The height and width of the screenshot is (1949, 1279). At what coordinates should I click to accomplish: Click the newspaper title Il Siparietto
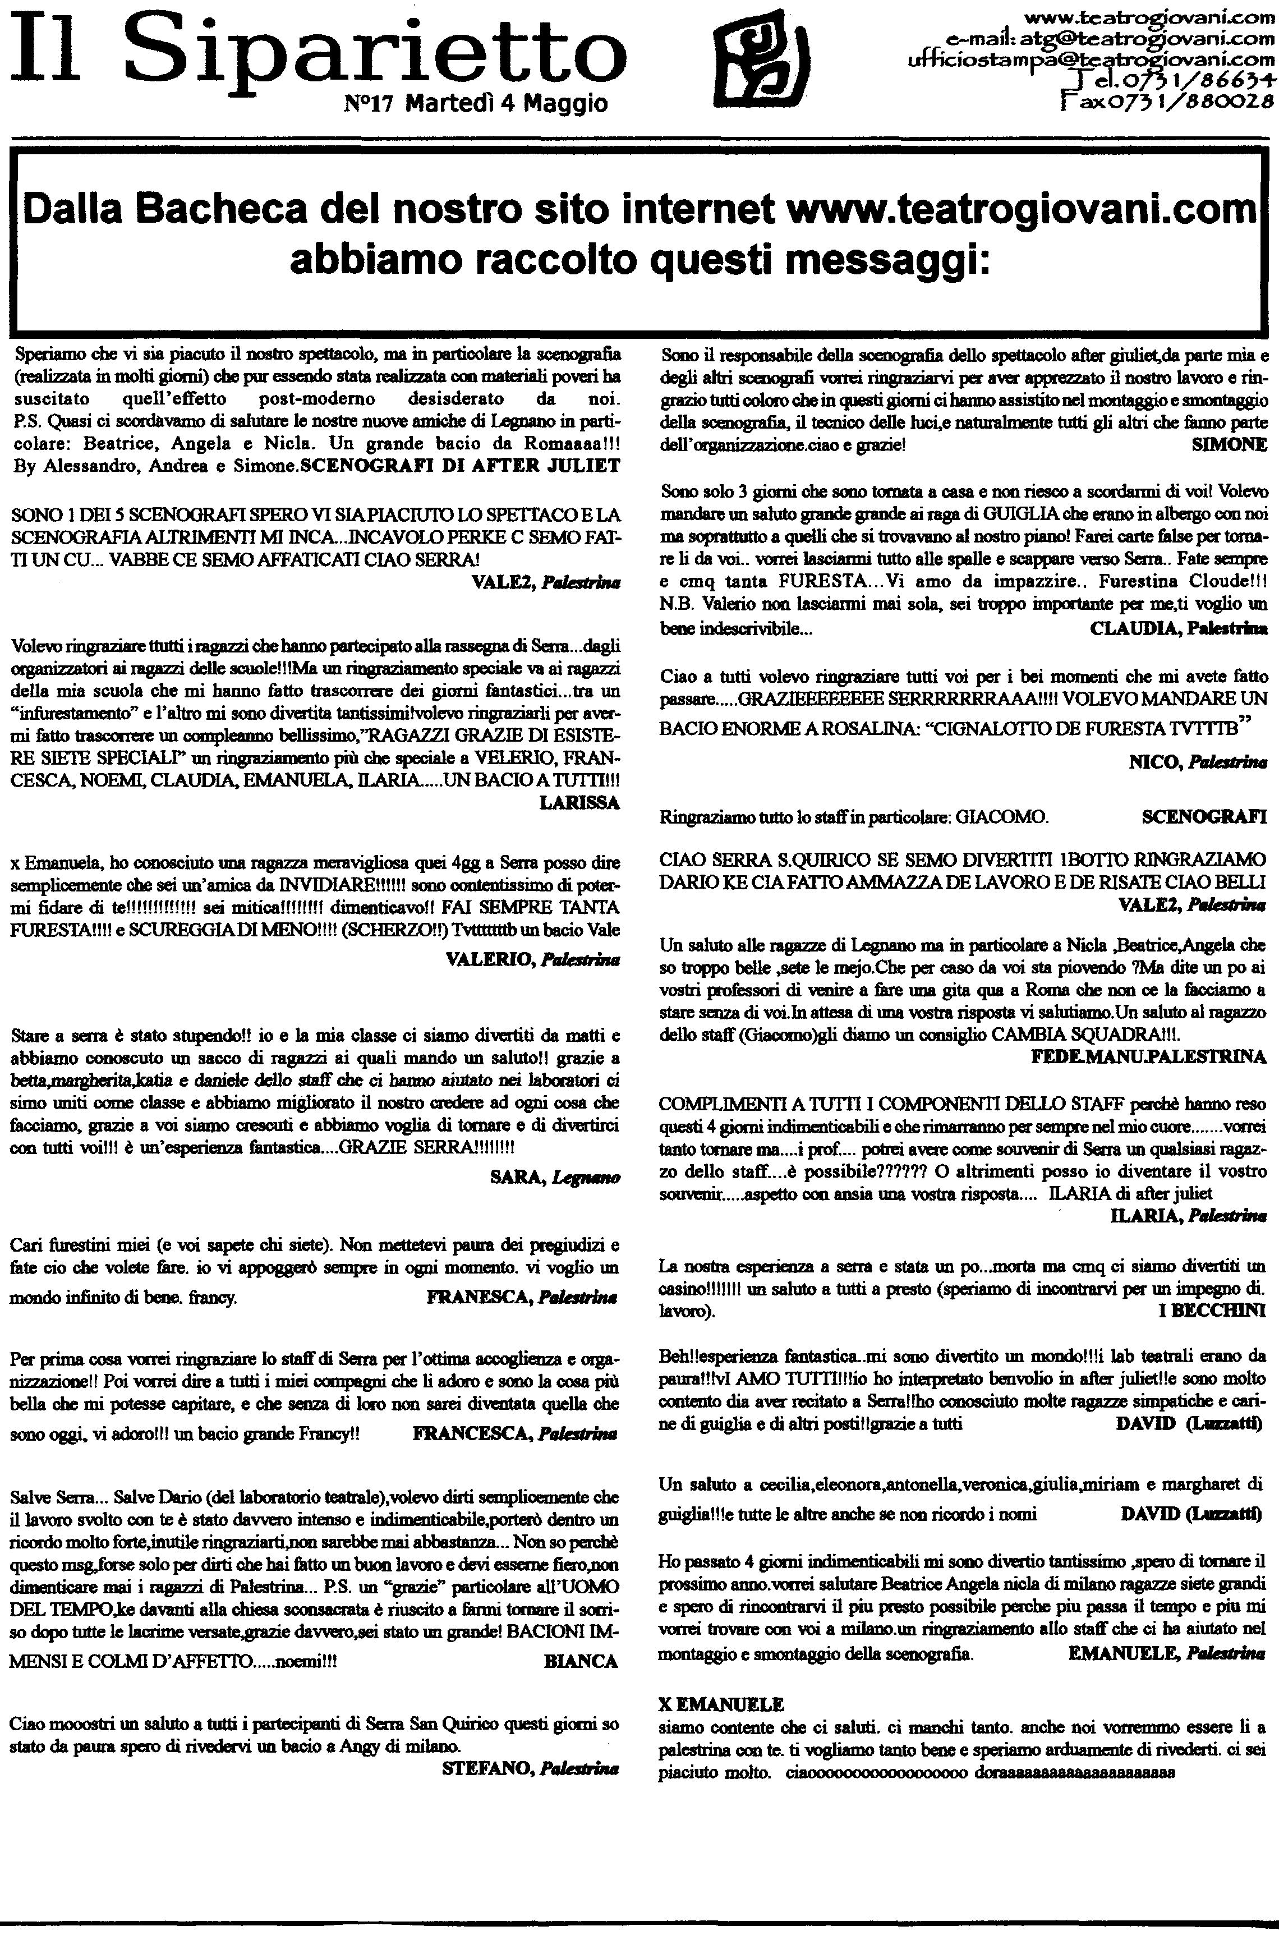tap(319, 49)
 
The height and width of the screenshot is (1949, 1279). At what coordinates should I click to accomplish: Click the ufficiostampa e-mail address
tap(1092, 59)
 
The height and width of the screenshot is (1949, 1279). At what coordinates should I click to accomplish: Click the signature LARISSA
tap(579, 802)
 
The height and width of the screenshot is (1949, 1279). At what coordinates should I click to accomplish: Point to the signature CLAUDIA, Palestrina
tap(1179, 628)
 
